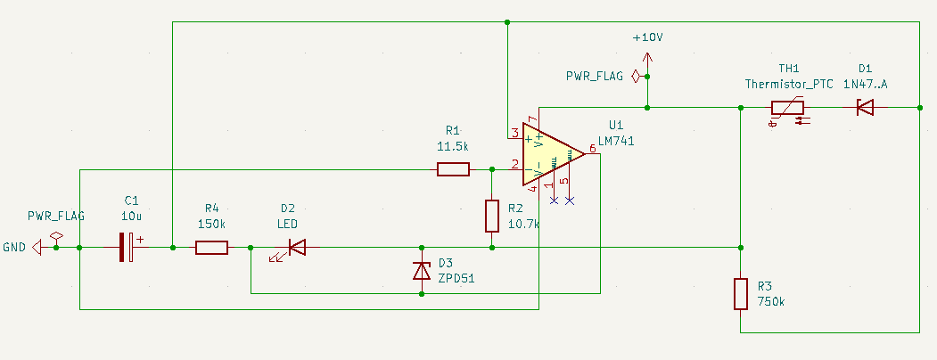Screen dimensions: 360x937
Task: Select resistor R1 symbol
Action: tap(453, 169)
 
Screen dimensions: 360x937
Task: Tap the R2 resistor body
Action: tap(491, 217)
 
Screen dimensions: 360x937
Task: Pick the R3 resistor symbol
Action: tap(740, 293)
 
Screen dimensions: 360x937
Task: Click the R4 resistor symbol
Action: tap(211, 248)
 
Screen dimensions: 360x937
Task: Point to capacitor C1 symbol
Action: tap(127, 248)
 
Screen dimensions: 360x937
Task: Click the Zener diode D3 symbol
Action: tap(422, 271)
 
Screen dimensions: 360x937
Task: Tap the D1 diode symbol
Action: tap(864, 108)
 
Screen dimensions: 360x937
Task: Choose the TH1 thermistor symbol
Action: tap(787, 109)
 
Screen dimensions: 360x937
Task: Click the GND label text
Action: tap(14, 248)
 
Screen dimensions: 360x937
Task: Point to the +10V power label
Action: tap(647, 38)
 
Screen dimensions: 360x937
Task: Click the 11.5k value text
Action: tap(453, 145)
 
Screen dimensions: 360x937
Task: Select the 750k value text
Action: tap(772, 302)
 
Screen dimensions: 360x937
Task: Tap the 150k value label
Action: tap(211, 224)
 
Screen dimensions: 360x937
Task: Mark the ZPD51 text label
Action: tap(456, 279)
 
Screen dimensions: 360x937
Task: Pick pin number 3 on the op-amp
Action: tap(514, 134)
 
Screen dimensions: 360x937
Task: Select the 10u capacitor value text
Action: tap(132, 216)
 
